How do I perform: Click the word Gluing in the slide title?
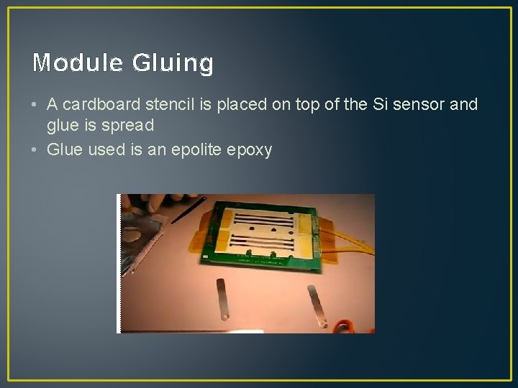pos(173,64)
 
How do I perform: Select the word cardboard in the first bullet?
pos(100,104)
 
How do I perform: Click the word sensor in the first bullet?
pos(419,104)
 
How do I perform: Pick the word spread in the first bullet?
pos(129,125)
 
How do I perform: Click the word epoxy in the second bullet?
pos(249,150)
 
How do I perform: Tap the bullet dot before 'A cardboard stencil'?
pos(35,105)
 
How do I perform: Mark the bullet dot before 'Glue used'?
pos(35,149)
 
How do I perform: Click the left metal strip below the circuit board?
pos(222,298)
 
